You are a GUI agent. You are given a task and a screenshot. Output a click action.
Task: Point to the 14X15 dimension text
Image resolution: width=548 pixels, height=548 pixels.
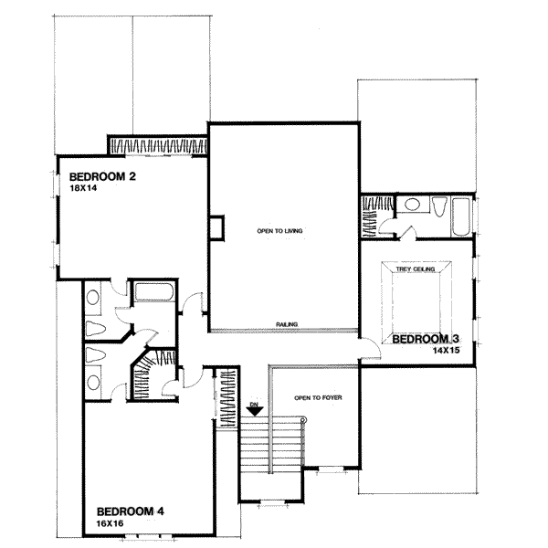click(444, 350)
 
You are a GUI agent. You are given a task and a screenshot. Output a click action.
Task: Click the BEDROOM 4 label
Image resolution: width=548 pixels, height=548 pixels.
click(132, 511)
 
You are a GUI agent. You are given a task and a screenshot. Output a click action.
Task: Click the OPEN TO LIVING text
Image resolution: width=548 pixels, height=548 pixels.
click(279, 231)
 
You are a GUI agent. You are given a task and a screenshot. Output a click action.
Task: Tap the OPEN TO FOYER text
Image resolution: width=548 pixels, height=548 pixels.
click(315, 397)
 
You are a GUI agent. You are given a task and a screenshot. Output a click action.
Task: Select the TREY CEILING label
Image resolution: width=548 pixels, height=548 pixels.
click(415, 270)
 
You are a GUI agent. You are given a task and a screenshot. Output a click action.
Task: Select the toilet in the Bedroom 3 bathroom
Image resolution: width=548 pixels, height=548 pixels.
click(439, 210)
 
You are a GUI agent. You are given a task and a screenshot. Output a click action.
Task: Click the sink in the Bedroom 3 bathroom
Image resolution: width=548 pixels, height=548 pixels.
click(411, 205)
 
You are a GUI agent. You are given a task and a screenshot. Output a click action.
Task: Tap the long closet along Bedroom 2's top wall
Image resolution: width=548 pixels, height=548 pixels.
click(157, 145)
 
